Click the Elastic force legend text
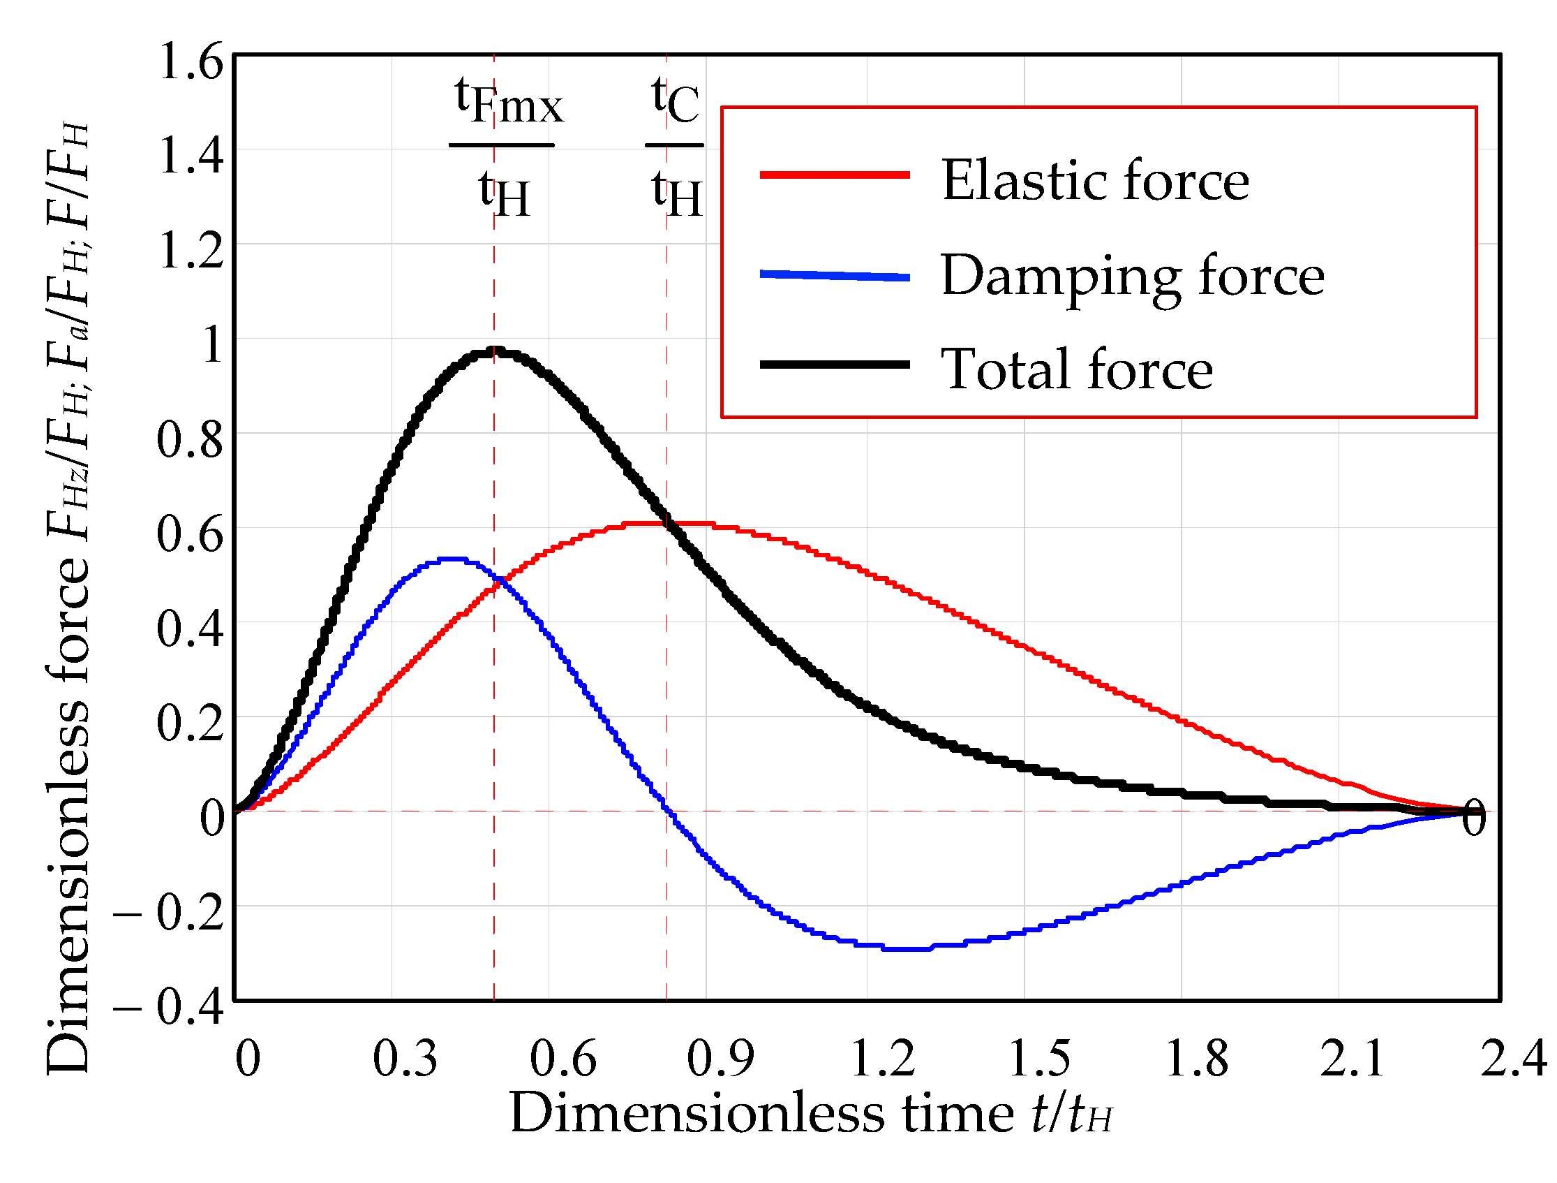pyautogui.click(x=1094, y=181)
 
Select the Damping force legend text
pyautogui.click(x=1132, y=277)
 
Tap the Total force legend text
pyautogui.click(x=1076, y=369)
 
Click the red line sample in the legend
pyautogui.click(x=835, y=175)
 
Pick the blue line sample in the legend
pyautogui.click(x=835, y=275)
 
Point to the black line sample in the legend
pyautogui.click(x=835, y=365)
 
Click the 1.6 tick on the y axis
pyautogui.click(x=191, y=61)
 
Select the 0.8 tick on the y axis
pyautogui.click(x=189, y=440)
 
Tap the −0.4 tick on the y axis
pyautogui.click(x=168, y=1007)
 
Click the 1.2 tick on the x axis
pyautogui.click(x=883, y=1059)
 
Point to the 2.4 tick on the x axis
pyautogui.click(x=1512, y=1059)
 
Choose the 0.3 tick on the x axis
pyautogui.click(x=405, y=1059)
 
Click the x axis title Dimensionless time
pyautogui.click(x=810, y=1114)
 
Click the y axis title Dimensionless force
pyautogui.click(x=68, y=598)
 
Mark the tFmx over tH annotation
pyautogui.click(x=504, y=147)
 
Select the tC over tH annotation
pyautogui.click(x=675, y=147)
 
